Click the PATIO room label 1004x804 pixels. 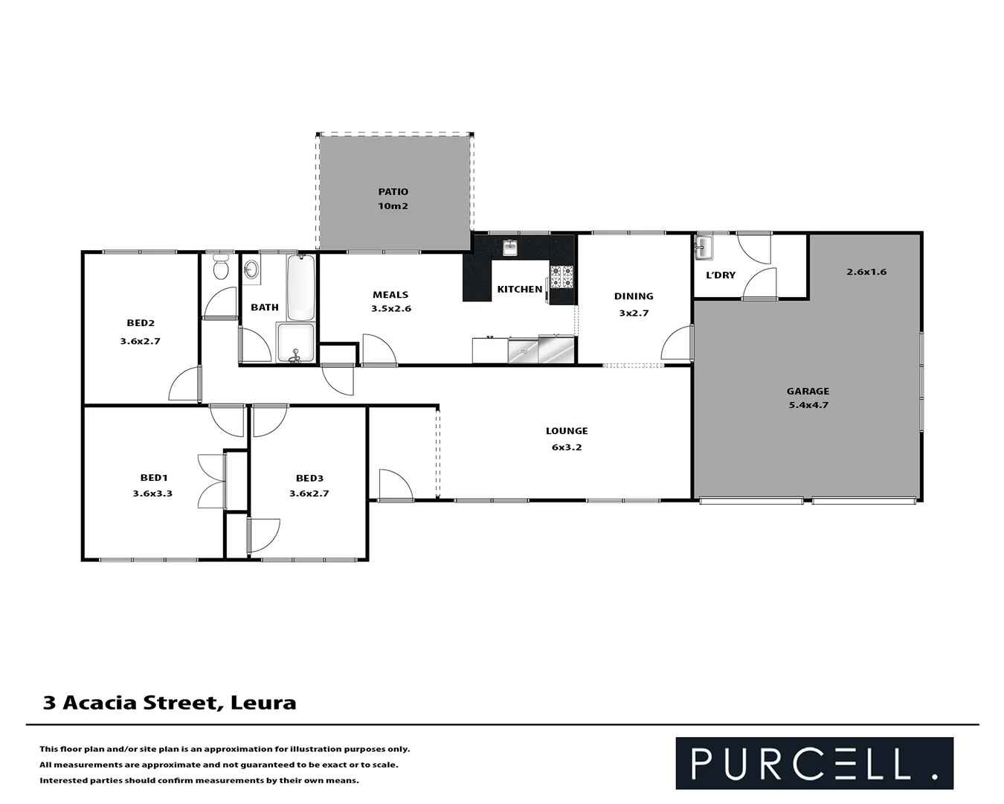(393, 192)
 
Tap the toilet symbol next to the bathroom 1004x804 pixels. (220, 267)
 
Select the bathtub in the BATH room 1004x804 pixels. (300, 288)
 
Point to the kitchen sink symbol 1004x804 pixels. (509, 247)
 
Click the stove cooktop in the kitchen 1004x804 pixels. (561, 276)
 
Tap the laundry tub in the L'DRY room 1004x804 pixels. (703, 248)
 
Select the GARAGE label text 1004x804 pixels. (808, 391)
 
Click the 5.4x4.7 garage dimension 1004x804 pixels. (808, 405)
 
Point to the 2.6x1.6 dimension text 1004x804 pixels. (866, 272)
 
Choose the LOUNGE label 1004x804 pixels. (567, 431)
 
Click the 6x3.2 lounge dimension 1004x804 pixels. (567, 447)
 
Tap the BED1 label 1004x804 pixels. (154, 478)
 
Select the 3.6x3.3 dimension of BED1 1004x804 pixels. (152, 493)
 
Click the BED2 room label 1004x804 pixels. (141, 323)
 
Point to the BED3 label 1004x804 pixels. (309, 478)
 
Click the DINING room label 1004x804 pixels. (634, 296)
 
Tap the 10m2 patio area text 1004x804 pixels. (393, 206)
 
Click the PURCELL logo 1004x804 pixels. (814, 763)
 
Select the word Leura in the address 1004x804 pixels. (263, 703)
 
